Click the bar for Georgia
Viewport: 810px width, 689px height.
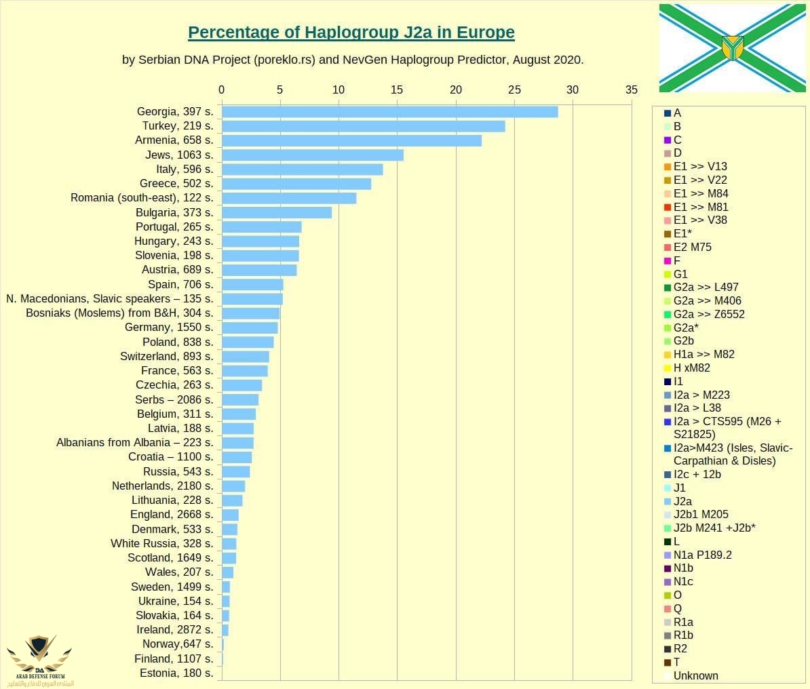pyautogui.click(x=389, y=112)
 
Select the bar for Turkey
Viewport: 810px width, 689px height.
pyautogui.click(x=363, y=126)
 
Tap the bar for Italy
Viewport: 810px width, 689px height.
pyautogui.click(x=302, y=170)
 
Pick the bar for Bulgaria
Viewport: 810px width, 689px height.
pyautogui.click(x=277, y=213)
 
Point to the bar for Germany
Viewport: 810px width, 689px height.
pyautogui.click(x=250, y=328)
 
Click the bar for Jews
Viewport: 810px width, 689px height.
pyautogui.click(x=312, y=155)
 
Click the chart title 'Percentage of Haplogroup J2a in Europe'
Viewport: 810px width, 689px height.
pyautogui.click(x=351, y=33)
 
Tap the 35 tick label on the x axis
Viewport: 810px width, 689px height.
pyautogui.click(x=632, y=90)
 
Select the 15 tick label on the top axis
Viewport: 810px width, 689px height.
pyautogui.click(x=397, y=90)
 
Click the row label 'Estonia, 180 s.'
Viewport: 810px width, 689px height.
pyautogui.click(x=176, y=673)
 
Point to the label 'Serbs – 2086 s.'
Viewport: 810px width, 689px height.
pyautogui.click(x=174, y=400)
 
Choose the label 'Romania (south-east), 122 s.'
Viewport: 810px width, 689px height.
pyautogui.click(x=142, y=198)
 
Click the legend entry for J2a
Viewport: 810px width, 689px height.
pyautogui.click(x=682, y=501)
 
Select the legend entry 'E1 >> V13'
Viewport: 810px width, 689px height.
pyautogui.click(x=699, y=166)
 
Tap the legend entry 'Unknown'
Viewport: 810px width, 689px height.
pyautogui.click(x=695, y=675)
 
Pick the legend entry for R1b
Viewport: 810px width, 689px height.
pyautogui.click(x=683, y=635)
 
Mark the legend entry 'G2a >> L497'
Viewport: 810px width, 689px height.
pyautogui.click(x=706, y=287)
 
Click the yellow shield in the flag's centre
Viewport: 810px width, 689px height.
pyautogui.click(x=733, y=47)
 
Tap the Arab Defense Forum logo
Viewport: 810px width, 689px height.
pyautogui.click(x=39, y=659)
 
